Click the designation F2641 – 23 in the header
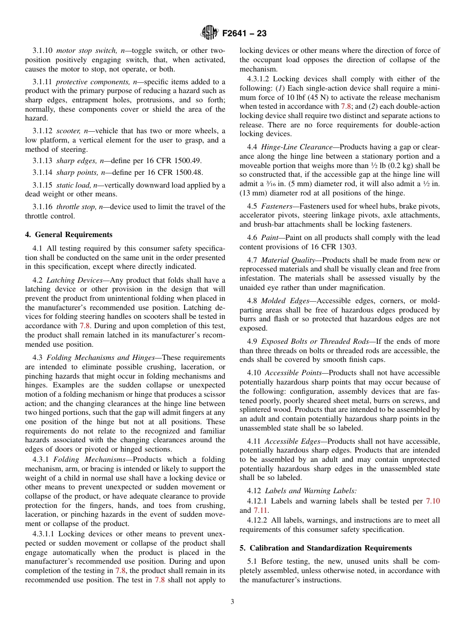point(244,34)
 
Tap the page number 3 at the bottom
point(232,602)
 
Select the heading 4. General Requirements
point(69,235)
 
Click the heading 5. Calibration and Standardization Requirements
point(325,548)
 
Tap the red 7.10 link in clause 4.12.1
point(433,501)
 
